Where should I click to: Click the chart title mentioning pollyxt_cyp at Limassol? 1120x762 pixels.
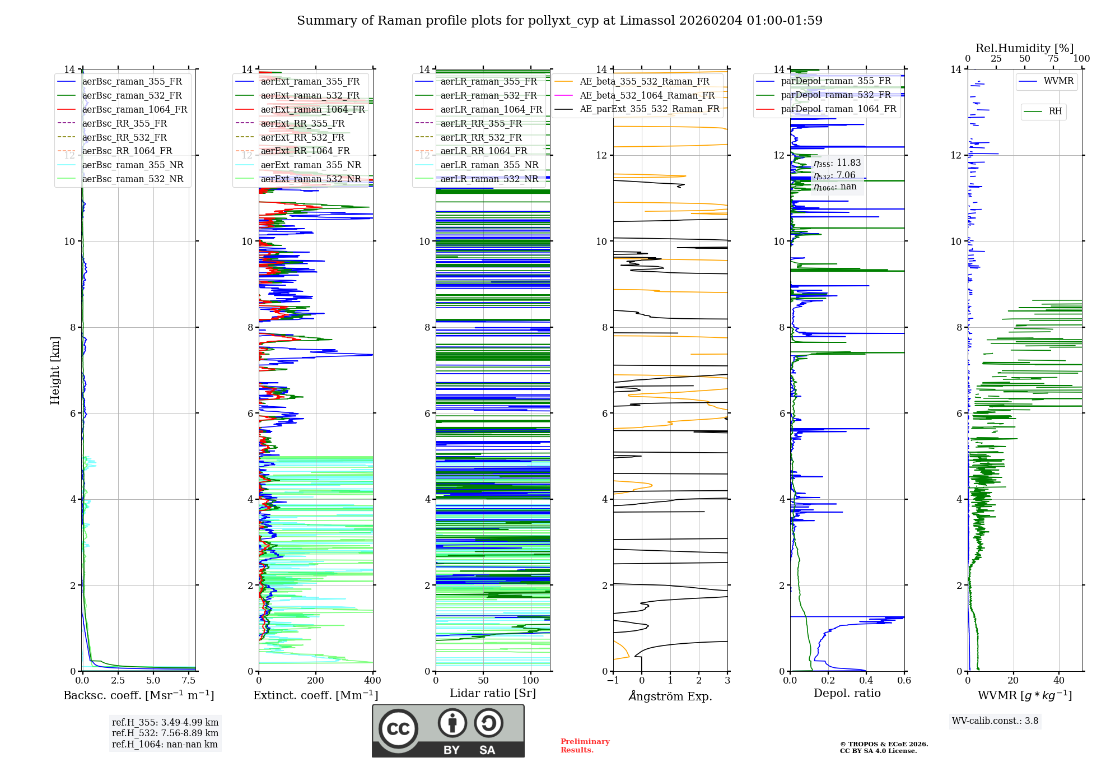559,21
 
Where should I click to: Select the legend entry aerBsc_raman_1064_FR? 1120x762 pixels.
134,109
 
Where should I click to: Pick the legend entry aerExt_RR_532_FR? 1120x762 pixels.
302,137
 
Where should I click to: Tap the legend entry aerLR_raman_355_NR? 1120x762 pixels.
489,165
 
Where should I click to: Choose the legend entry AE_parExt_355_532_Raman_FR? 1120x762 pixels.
649,109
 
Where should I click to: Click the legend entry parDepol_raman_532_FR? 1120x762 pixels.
836,95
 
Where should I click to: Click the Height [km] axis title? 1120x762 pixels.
55,370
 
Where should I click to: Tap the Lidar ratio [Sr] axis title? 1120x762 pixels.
493,693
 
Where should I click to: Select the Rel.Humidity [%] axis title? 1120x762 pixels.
1024,48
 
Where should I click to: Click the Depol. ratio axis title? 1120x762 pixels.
847,693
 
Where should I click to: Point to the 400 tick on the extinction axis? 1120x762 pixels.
372,680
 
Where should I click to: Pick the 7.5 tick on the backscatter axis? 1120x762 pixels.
189,680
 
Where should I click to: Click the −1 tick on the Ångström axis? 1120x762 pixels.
613,680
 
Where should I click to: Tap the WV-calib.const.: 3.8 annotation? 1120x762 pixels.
995,721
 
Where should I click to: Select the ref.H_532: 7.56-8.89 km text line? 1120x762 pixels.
165,733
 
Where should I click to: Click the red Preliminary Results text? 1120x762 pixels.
585,745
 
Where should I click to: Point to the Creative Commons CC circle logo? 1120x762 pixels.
398,729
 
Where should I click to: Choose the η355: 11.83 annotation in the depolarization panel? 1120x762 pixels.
837,163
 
